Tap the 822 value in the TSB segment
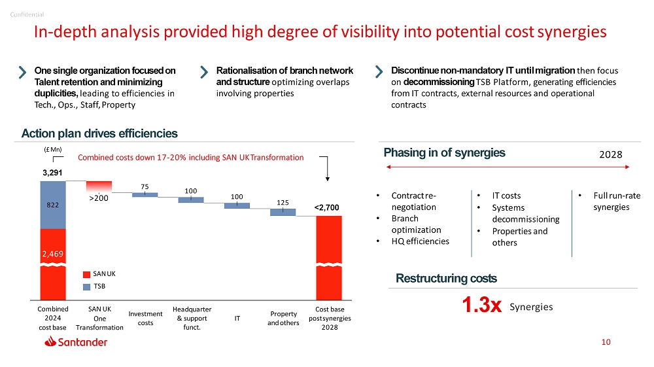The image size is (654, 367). pos(53,205)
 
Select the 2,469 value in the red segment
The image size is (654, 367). pos(53,253)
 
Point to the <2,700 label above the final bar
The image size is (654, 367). pos(327,207)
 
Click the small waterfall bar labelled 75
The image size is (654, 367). pos(145,194)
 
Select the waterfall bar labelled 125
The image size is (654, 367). pos(283,212)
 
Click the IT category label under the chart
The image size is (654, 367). pos(237,319)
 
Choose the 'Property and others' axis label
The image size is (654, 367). pos(283,319)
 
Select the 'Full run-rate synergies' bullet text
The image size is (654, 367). pos(615,201)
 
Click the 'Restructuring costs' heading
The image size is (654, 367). pos(446,279)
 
